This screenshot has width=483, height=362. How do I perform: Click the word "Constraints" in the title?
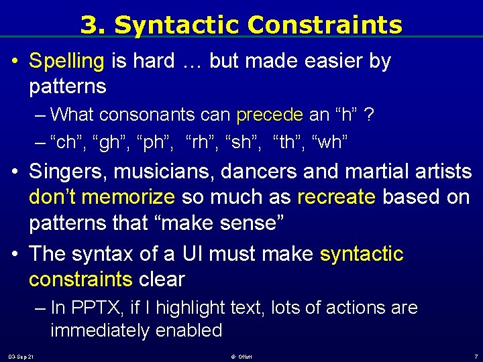point(325,25)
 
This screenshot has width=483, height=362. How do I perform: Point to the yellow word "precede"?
point(270,115)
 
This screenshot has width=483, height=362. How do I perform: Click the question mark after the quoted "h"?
point(369,115)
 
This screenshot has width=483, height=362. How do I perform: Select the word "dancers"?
point(260,172)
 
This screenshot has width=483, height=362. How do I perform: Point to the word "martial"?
point(373,172)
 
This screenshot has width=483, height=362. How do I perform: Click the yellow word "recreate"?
point(337,197)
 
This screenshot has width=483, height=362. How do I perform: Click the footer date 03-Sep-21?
point(21,356)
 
